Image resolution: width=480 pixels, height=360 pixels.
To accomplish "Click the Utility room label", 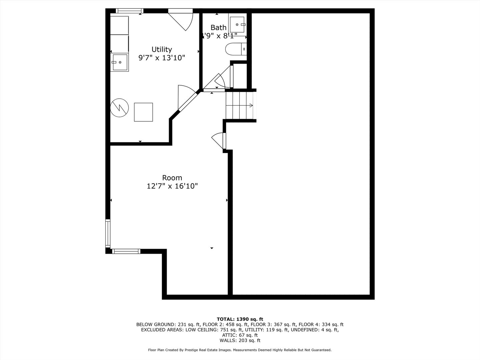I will click(162, 49).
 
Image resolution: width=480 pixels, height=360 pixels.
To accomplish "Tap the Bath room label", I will click(218, 28).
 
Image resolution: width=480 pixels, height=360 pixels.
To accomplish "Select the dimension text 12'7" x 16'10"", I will click(172, 186).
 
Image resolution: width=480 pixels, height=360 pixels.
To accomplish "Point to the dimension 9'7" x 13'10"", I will click(162, 58).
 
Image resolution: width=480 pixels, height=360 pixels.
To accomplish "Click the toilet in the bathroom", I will click(236, 49).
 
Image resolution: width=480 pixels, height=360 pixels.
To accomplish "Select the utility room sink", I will click(120, 62).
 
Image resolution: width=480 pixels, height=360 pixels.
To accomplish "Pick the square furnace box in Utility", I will click(143, 112).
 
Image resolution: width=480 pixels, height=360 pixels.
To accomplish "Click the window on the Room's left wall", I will click(108, 233).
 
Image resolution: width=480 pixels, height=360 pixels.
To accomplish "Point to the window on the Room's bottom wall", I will click(126, 251).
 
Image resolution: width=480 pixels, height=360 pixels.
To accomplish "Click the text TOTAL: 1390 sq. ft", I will click(240, 319).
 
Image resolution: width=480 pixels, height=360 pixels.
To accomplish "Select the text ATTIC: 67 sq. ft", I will click(240, 335).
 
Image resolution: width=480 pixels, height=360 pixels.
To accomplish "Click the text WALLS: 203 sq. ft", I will click(240, 340).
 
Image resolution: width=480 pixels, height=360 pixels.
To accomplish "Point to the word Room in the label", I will click(172, 178).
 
